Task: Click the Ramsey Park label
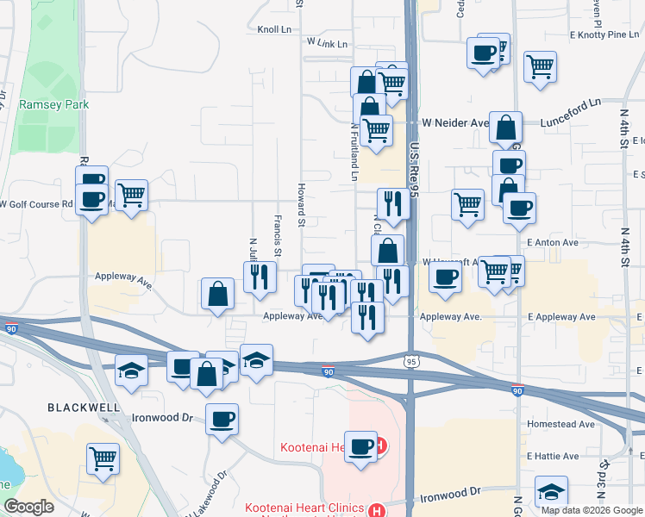53,104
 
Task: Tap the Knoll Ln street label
275,29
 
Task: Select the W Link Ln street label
327,42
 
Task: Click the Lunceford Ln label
570,113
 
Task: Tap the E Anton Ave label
553,243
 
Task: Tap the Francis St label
278,235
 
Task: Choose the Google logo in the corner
28,507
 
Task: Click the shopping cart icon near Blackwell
103,458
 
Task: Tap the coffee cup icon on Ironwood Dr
222,420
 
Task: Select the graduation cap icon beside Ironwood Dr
551,491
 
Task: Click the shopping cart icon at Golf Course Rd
130,195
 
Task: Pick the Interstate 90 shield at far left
10,328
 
